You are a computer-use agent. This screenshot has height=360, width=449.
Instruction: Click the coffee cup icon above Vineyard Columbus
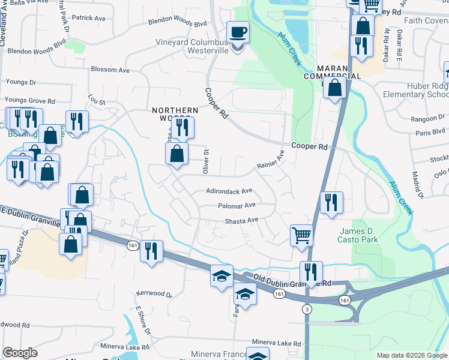tap(238, 31)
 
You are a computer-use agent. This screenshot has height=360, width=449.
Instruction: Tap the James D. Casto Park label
tap(366, 236)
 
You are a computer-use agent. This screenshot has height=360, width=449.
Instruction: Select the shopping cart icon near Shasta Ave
tap(301, 235)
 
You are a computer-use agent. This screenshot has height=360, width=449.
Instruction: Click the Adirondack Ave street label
tap(229, 191)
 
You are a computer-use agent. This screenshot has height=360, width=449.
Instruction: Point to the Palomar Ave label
tap(237, 205)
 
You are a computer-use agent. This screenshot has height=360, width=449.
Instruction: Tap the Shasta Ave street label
tap(241, 221)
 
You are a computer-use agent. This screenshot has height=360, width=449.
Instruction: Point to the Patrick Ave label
tap(89, 18)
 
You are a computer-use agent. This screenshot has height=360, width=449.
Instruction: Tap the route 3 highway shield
tap(307, 309)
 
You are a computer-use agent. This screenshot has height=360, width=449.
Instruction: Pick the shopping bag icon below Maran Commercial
tap(334, 88)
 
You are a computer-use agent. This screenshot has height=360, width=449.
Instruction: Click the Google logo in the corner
tap(20, 353)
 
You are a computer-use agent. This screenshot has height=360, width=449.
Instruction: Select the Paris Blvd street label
tap(431, 131)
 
